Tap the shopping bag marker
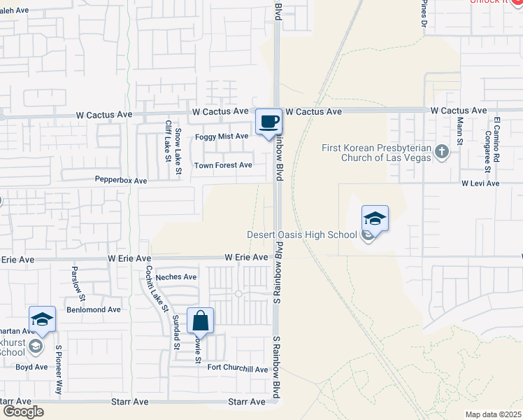tap(200, 321)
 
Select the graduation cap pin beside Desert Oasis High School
tap(374, 218)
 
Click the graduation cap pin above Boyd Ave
tap(42, 319)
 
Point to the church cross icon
tap(441, 151)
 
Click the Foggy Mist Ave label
tap(222, 136)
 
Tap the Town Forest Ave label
tap(223, 165)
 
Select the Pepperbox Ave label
tap(122, 181)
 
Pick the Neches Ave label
tap(176, 277)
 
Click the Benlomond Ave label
tap(94, 309)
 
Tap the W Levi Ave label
tap(480, 183)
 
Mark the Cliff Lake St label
tap(169, 141)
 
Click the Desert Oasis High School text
tap(302, 235)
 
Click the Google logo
tap(23, 412)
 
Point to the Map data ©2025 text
tap(493, 414)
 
